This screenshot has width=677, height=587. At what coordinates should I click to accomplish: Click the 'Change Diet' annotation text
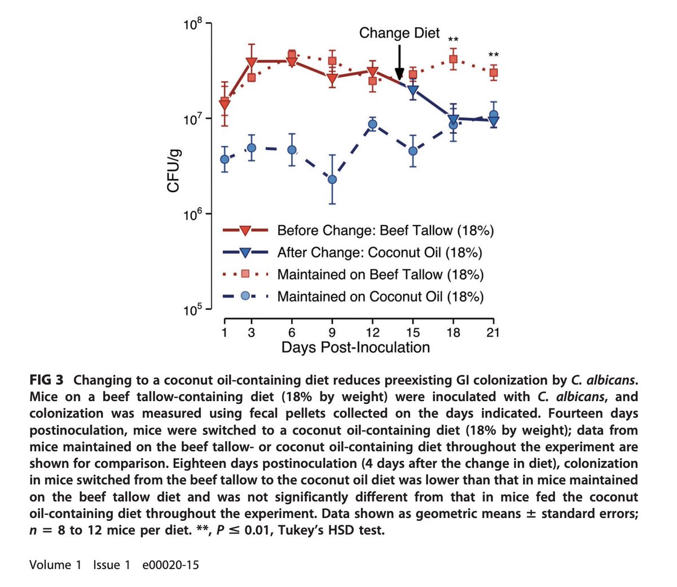coord(399,33)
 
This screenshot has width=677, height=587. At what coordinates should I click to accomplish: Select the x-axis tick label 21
coord(493,332)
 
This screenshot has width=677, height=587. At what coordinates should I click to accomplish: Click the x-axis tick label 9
coord(332,332)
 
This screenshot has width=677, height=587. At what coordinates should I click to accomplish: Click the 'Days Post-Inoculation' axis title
coord(355,347)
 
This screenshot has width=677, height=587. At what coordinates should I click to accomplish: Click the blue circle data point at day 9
coord(332,180)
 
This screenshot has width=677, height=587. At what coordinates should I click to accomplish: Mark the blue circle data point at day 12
coord(372,124)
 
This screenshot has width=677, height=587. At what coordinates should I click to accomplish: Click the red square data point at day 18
coord(453,60)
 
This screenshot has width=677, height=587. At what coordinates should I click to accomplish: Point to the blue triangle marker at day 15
coord(413,90)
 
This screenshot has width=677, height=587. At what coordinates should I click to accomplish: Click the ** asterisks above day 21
coord(493,55)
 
